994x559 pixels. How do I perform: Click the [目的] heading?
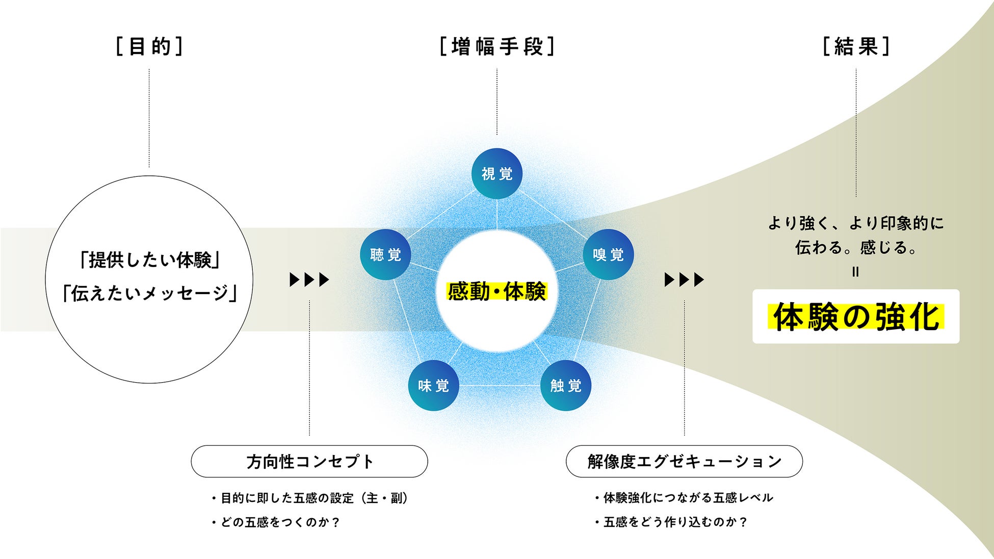click(x=149, y=46)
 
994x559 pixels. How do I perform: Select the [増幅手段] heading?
click(x=497, y=46)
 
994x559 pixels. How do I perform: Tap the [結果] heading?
click(x=856, y=46)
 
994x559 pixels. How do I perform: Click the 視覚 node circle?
click(x=497, y=174)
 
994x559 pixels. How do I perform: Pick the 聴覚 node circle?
click(x=385, y=254)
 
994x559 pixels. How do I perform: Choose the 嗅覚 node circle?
click(x=608, y=254)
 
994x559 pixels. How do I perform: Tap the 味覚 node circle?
click(x=433, y=385)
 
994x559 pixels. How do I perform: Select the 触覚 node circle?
click(x=565, y=385)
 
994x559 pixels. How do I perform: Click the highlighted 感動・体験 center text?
click(x=497, y=291)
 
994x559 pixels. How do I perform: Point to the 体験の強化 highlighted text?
click(x=856, y=316)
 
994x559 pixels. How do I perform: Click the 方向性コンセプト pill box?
click(x=309, y=461)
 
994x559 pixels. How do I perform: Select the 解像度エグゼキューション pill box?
click(x=684, y=461)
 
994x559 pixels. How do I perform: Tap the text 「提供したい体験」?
click(x=149, y=260)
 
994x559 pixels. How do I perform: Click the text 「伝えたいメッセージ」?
click(x=149, y=293)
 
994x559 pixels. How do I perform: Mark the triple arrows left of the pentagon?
click(x=309, y=279)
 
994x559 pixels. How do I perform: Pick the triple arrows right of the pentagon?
click(x=684, y=279)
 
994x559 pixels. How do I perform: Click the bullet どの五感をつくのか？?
click(x=276, y=522)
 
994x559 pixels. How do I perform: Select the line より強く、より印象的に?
click(x=856, y=223)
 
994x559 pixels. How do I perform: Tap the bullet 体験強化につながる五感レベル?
click(x=684, y=497)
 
